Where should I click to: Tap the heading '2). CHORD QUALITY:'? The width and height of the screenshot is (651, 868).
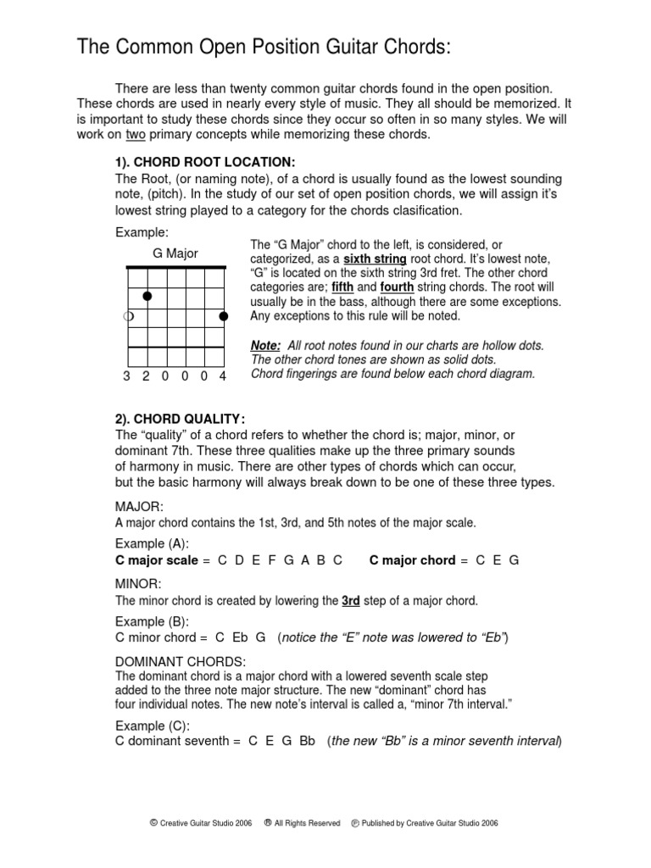[181, 418]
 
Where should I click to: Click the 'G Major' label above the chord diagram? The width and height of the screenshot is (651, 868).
[175, 253]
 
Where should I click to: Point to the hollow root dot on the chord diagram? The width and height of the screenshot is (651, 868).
[128, 316]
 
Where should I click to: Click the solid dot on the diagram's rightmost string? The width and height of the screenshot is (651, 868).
[224, 316]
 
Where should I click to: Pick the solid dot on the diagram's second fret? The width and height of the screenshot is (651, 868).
[147, 296]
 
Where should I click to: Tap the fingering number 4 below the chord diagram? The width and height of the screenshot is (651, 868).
[223, 376]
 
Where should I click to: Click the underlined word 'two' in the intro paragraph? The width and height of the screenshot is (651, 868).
[136, 135]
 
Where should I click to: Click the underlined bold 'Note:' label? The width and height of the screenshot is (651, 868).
[265, 346]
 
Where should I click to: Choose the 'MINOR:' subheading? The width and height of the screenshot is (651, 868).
[138, 584]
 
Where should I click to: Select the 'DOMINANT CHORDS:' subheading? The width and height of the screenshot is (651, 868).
[181, 660]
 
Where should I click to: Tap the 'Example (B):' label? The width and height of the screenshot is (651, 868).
[152, 621]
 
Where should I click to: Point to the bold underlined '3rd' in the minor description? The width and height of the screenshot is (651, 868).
[351, 601]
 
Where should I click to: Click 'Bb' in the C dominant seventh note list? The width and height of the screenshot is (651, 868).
[307, 741]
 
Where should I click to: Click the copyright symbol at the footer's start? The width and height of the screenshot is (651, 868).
[153, 822]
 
